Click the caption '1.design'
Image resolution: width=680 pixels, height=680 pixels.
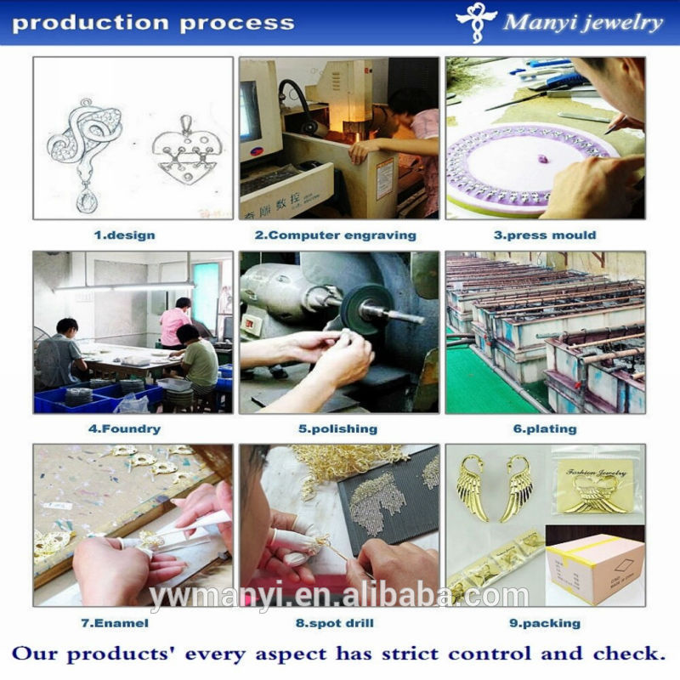pyautogui.click(x=124, y=235)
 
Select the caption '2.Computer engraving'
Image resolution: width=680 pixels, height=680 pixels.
pyautogui.click(x=336, y=235)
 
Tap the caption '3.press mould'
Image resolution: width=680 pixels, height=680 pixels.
pyautogui.click(x=545, y=235)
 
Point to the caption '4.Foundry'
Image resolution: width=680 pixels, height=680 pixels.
pyautogui.click(x=124, y=429)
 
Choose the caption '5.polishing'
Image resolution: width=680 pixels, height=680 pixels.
pyautogui.click(x=337, y=429)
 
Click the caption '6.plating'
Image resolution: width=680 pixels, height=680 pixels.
pyautogui.click(x=545, y=429)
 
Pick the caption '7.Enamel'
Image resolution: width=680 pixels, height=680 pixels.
pyautogui.click(x=115, y=623)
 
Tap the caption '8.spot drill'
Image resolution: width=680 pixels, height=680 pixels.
pyautogui.click(x=335, y=624)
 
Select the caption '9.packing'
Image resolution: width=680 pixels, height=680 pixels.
pyautogui.click(x=545, y=624)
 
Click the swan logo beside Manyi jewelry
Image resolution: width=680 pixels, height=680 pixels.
pyautogui.click(x=476, y=22)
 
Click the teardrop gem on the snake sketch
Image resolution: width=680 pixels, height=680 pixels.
pyautogui.click(x=88, y=201)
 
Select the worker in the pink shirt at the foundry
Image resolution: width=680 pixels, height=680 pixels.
pyautogui.click(x=175, y=323)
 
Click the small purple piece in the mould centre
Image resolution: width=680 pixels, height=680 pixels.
pyautogui.click(x=542, y=159)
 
